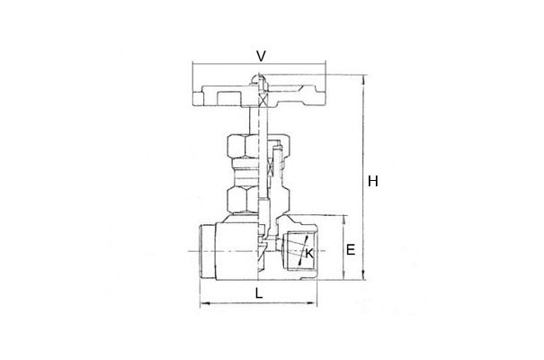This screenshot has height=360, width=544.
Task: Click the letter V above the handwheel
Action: [x=261, y=56]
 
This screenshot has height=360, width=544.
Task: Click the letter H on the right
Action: [x=373, y=181]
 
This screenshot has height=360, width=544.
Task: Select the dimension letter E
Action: [x=351, y=249]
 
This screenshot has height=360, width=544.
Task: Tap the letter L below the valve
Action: [x=259, y=293]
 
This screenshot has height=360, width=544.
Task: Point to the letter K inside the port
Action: [x=308, y=253]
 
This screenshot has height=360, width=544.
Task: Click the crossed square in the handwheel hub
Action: [x=263, y=101]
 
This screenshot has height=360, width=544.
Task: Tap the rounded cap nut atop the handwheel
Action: [x=258, y=80]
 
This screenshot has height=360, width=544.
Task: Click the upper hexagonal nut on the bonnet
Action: [x=243, y=146]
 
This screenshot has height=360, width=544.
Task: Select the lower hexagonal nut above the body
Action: [x=243, y=199]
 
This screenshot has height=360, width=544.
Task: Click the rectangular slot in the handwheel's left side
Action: [x=228, y=98]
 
